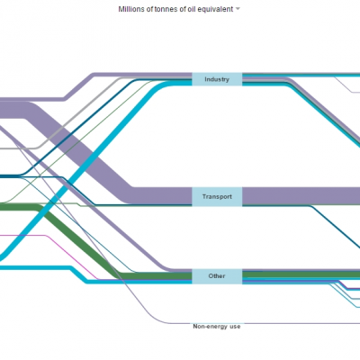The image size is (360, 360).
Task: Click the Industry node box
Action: (x=217, y=79)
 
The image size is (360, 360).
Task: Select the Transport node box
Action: (x=217, y=196)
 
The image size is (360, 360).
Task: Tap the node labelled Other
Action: (x=217, y=276)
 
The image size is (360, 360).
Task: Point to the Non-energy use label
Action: (x=217, y=327)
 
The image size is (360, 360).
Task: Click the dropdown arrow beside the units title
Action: (x=238, y=9)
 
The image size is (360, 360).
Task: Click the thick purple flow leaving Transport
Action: (x=301, y=196)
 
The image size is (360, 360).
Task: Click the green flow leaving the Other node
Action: (x=301, y=274)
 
